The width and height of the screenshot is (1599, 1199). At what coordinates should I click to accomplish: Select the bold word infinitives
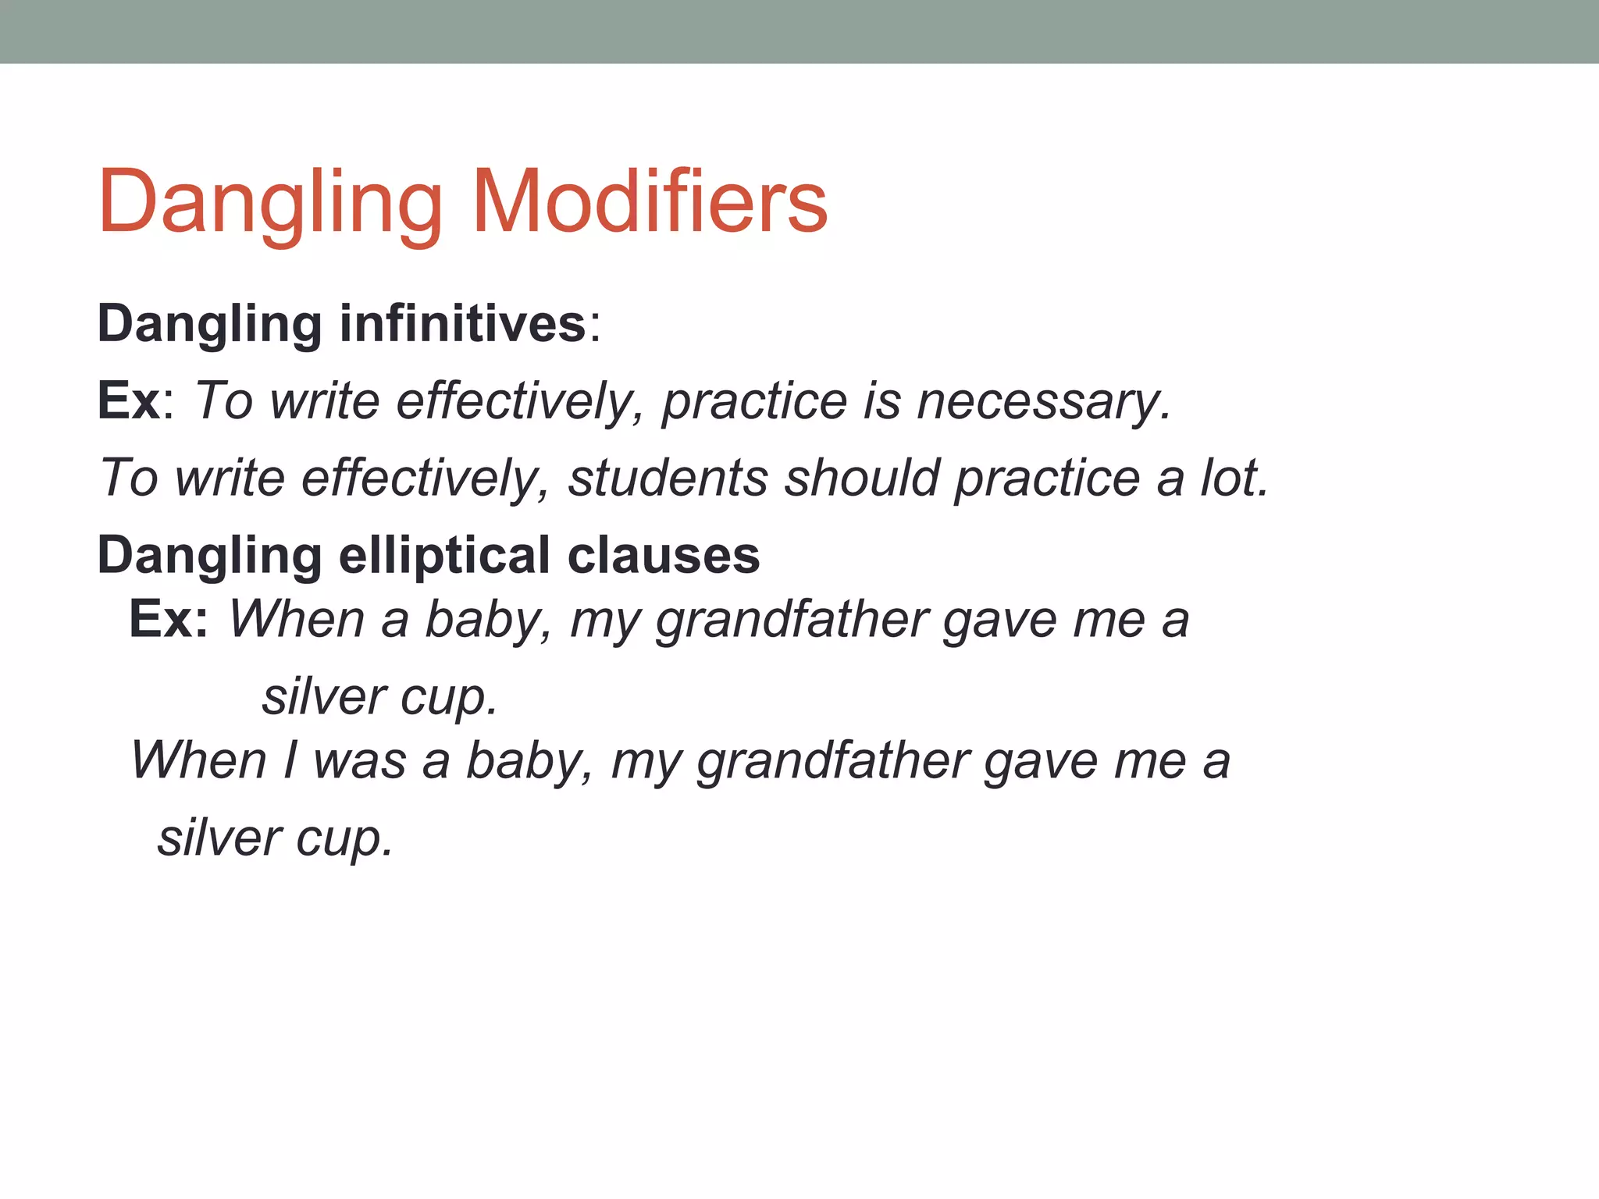[462, 323]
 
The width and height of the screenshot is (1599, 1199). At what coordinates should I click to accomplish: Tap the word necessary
[1044, 402]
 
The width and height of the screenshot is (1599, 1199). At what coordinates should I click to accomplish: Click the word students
[668, 478]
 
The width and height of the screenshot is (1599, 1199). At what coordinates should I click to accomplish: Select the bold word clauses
[664, 555]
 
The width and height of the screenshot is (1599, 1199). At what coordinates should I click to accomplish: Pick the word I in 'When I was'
[290, 760]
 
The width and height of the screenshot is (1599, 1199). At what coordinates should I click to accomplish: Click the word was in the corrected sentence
[359, 760]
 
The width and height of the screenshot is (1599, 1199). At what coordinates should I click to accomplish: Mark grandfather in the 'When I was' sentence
[832, 760]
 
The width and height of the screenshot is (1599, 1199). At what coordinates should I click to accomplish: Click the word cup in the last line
[344, 838]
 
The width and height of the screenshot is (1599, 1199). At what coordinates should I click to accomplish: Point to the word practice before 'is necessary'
[754, 402]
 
